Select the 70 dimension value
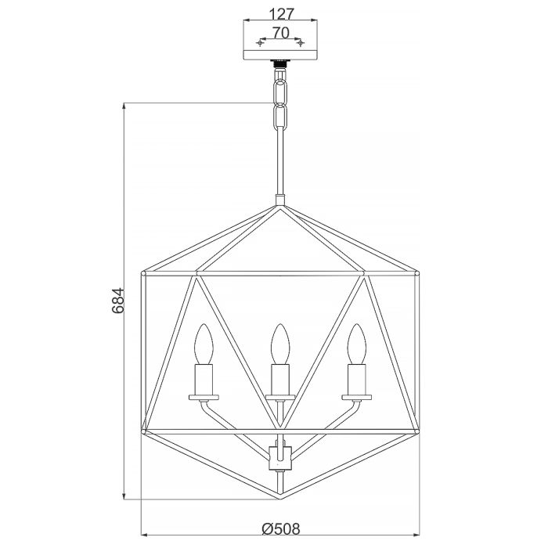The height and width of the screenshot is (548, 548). (280, 32)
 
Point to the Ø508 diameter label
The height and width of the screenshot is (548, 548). (280, 529)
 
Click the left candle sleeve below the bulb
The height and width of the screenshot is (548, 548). (204, 380)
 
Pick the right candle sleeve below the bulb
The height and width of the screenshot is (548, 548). (356, 380)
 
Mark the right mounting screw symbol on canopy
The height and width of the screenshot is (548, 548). (300, 41)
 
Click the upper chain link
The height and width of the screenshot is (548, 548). (280, 90)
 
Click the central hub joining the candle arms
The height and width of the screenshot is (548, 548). (280, 456)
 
